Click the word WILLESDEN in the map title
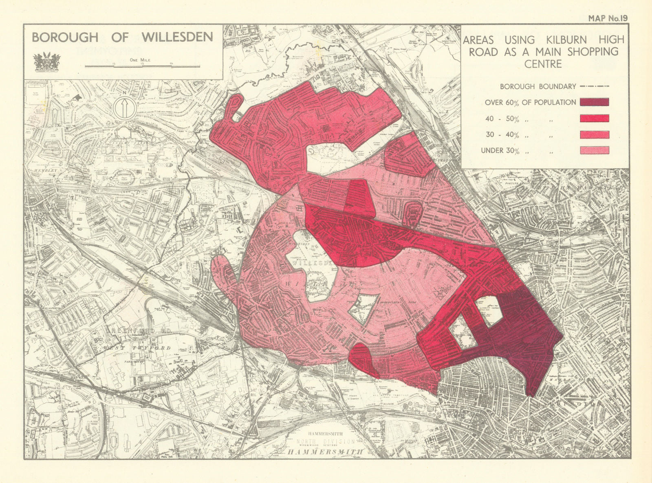pyautogui.click(x=177, y=37)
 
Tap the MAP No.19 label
pyautogui.click(x=608, y=18)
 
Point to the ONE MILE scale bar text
pyautogui.click(x=140, y=60)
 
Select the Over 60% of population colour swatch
pyautogui.click(x=594, y=102)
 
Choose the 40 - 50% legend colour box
pyautogui.click(x=594, y=119)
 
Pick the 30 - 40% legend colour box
pyautogui.click(x=594, y=134)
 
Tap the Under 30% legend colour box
pyautogui.click(x=594, y=150)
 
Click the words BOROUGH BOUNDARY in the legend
pyautogui.click(x=538, y=86)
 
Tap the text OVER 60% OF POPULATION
pyautogui.click(x=530, y=102)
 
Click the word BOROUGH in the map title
pyautogui.click(x=65, y=37)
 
